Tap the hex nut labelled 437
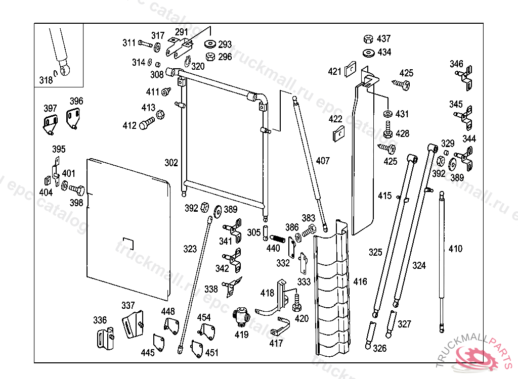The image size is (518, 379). coord(368,39)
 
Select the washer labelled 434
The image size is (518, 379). coord(368,53)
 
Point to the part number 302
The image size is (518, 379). coord(171,163)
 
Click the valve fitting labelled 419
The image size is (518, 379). coord(241,317)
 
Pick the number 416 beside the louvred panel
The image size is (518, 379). coord(360,281)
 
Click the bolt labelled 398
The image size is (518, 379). coord(78,191)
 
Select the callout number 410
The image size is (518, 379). coord(455,249)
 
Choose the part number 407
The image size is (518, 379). coord(322,161)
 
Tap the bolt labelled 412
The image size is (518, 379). coord(147,123)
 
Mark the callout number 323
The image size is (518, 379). coord(190,249)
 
